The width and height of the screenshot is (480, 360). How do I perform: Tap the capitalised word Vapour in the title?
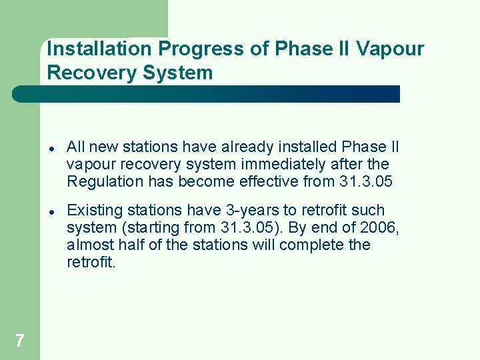click(391, 49)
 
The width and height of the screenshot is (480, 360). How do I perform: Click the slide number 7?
click(19, 341)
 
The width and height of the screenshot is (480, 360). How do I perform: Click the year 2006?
click(379, 227)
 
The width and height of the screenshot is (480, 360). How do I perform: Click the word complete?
click(311, 245)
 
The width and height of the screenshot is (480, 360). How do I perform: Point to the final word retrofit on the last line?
click(91, 262)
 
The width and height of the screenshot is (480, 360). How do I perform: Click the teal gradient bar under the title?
click(207, 94)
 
